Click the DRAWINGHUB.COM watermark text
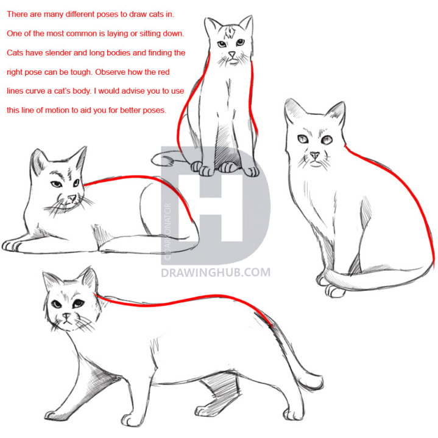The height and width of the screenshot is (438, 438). (216, 273)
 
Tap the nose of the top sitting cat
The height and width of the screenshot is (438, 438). (231, 55)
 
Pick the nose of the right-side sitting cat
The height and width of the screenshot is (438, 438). (314, 156)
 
